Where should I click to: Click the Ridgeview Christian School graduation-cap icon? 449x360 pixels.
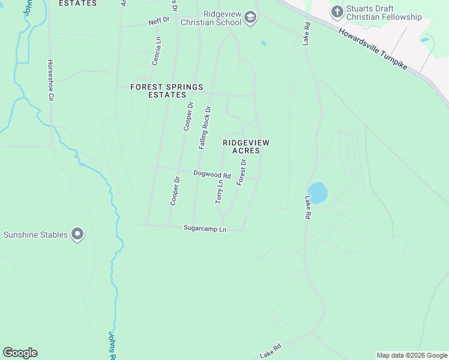tap(250, 19)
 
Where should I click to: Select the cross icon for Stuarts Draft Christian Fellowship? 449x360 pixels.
tap(337, 11)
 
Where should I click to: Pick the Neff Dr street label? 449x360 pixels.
tap(159, 22)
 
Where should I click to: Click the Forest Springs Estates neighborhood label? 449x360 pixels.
tap(167, 91)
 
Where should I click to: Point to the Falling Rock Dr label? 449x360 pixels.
tap(205, 128)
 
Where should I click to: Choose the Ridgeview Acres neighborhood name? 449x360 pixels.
tap(246, 146)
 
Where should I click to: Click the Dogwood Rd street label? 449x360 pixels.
tap(212, 174)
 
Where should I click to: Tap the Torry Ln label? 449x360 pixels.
tap(220, 191)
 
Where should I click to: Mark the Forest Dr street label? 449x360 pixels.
tap(241, 172)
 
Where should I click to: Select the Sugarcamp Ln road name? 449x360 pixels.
tap(205, 229)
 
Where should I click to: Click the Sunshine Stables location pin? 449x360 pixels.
tap(77, 234)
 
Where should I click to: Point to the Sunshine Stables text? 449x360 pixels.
tap(36, 235)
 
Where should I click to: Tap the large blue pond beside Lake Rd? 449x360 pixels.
tap(318, 193)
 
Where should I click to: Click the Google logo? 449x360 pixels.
tap(20, 353)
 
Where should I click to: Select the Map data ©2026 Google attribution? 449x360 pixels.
tap(412, 355)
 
